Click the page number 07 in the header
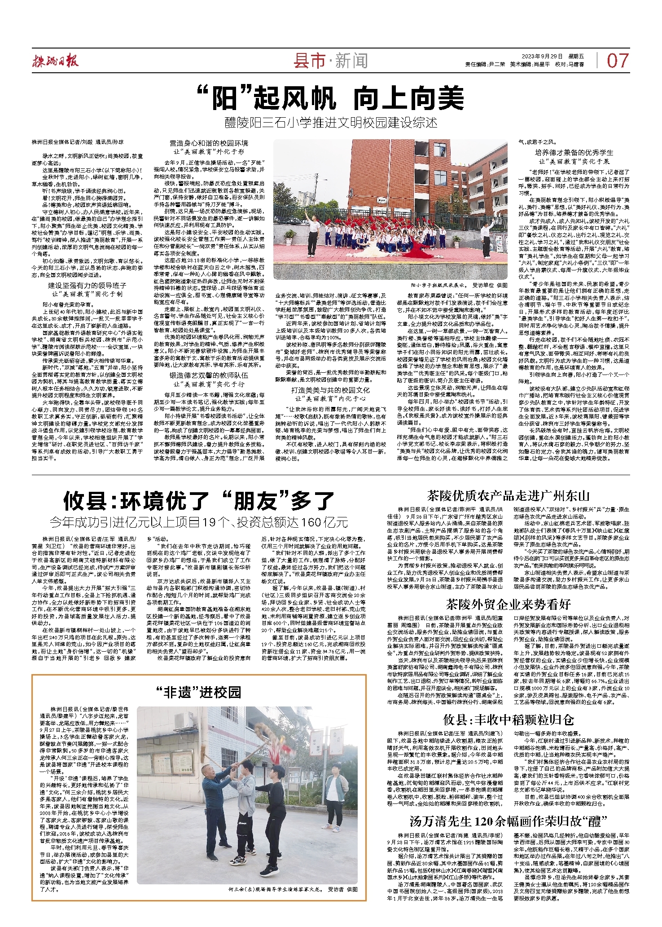tap(618, 61)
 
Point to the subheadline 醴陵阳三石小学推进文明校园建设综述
tap(331, 123)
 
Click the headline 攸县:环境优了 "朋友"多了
tap(199, 501)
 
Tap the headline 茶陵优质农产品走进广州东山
tap(508, 496)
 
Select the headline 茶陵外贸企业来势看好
tap(508, 604)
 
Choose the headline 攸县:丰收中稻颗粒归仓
tap(508, 720)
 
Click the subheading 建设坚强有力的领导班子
tap(87, 286)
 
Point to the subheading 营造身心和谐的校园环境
tap(209, 143)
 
